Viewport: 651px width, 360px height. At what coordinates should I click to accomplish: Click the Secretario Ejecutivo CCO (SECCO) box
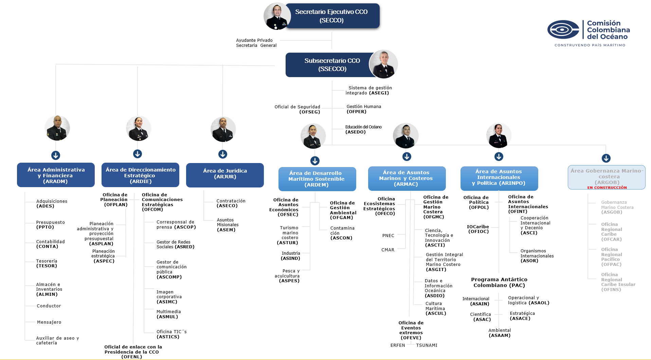point(332,16)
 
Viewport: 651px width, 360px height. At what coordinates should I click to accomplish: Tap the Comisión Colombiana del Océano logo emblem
point(563,30)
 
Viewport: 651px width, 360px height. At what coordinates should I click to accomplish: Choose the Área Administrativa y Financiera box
point(56,175)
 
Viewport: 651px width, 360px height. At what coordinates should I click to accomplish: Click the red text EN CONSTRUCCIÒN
point(607,187)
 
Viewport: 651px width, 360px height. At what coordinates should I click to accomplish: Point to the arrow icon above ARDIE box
point(138,154)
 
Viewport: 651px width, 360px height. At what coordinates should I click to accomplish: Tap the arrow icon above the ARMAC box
point(407,157)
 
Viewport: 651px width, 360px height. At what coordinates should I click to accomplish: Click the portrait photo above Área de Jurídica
point(223,129)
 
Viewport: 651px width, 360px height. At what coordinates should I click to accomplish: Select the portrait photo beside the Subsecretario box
point(384,64)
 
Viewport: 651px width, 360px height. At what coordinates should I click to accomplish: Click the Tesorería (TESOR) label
point(47,264)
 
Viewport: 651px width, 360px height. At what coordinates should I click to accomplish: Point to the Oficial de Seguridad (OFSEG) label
point(297,109)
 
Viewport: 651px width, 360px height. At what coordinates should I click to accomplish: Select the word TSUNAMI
point(427,345)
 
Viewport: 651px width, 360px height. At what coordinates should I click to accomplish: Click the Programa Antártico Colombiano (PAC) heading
point(499,282)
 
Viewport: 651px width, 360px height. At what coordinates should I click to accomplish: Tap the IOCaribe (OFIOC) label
point(478,229)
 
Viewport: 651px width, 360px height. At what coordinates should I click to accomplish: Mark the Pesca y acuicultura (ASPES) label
point(288,276)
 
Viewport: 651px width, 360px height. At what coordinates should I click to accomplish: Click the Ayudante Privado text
point(254,40)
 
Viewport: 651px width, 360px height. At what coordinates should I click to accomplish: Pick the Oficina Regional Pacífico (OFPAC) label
point(612,257)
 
